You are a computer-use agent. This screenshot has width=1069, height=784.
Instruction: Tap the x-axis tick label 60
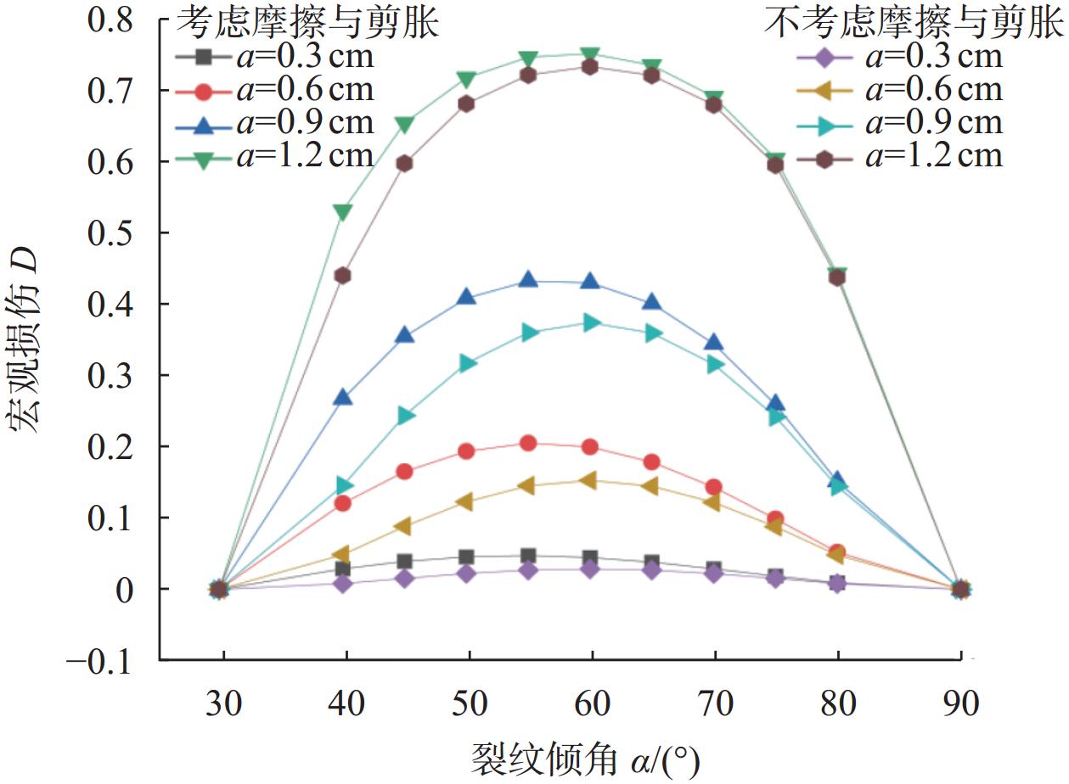click(x=591, y=703)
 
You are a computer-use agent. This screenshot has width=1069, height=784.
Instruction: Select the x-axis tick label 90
click(x=959, y=703)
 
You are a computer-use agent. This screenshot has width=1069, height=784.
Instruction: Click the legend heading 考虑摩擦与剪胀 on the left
click(x=307, y=24)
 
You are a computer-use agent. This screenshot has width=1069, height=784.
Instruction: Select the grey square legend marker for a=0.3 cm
click(x=203, y=58)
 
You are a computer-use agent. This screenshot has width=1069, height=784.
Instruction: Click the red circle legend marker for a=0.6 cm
click(x=203, y=90)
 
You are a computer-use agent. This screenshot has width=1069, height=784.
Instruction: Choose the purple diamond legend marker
click(x=824, y=58)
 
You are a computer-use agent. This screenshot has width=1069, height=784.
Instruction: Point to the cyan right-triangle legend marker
click(x=824, y=123)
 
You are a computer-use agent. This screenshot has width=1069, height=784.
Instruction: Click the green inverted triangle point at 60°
click(x=591, y=56)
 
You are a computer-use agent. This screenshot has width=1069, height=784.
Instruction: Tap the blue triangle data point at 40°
click(x=344, y=397)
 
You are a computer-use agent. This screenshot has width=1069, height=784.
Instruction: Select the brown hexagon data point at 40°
click(x=344, y=276)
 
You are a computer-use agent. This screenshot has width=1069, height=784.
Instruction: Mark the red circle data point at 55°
click(x=528, y=443)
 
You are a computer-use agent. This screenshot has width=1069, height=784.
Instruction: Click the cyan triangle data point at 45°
click(x=406, y=416)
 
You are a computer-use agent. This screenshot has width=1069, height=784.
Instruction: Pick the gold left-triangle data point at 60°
click(x=591, y=481)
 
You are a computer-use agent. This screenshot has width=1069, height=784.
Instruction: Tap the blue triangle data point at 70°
click(x=714, y=342)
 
